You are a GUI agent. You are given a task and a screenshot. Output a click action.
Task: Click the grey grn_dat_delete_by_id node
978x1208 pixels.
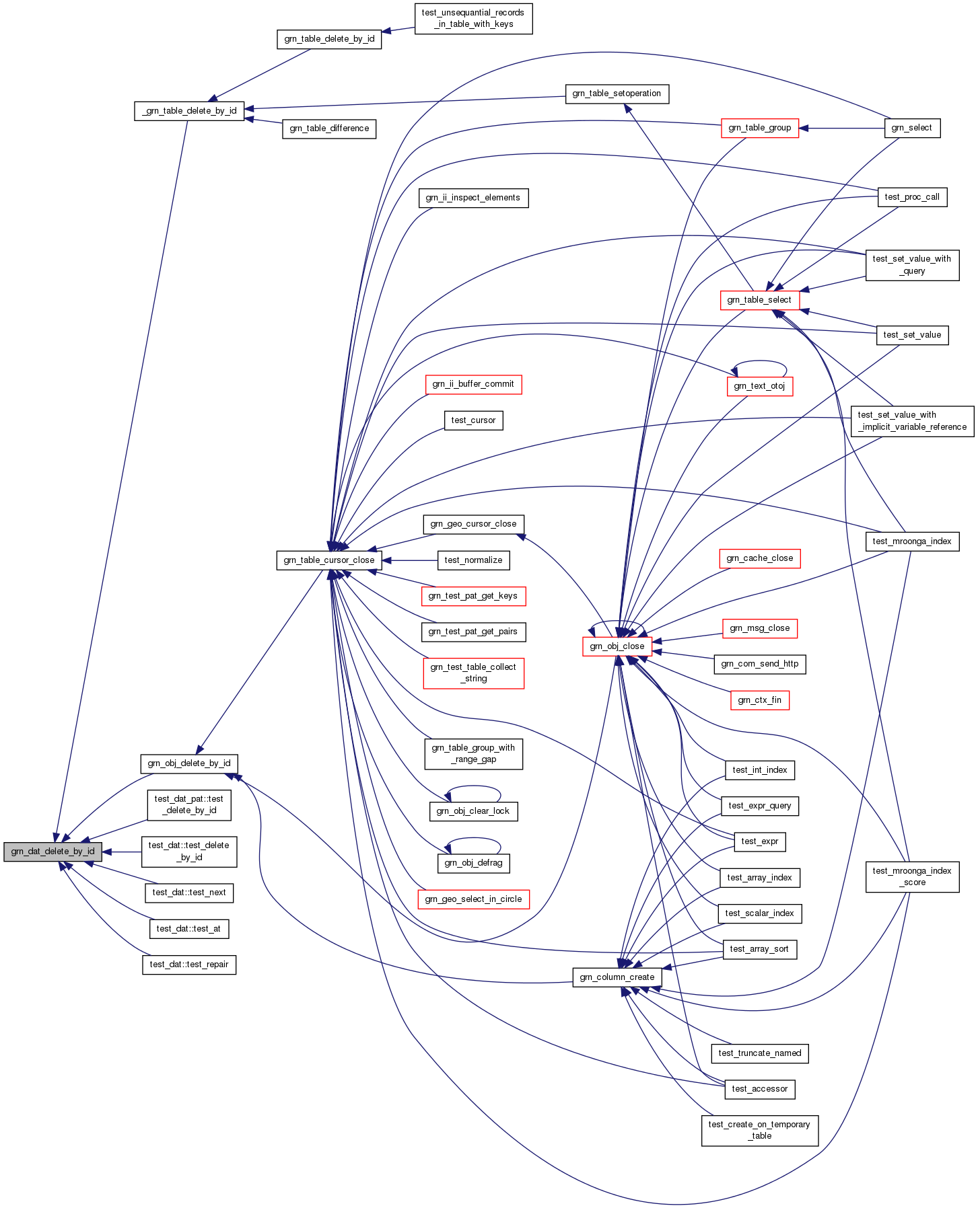pyautogui.click(x=53, y=852)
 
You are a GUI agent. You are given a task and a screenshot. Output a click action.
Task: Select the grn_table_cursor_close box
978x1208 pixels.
pyautogui.click(x=329, y=560)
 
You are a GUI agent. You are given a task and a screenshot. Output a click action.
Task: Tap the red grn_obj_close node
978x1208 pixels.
pyautogui.click(x=617, y=646)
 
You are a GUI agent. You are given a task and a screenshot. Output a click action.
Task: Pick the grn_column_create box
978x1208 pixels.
pyautogui.click(x=617, y=977)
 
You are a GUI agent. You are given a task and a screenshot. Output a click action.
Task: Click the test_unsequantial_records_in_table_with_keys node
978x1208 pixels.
pyautogui.click(x=473, y=19)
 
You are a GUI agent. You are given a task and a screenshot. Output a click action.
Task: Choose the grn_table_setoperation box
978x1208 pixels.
pyautogui.click(x=617, y=93)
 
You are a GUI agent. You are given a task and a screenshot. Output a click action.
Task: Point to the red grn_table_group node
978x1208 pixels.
pyautogui.click(x=759, y=128)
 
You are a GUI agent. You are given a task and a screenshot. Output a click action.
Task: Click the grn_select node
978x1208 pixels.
pyautogui.click(x=911, y=128)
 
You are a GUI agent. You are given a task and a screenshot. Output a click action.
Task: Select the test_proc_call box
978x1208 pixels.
pyautogui.click(x=912, y=197)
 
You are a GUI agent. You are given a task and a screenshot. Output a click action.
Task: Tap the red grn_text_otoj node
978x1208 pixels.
pyautogui.click(x=759, y=386)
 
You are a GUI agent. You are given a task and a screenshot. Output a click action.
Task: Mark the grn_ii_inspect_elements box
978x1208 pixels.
pyautogui.click(x=473, y=198)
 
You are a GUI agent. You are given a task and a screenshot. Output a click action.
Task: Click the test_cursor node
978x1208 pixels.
pyautogui.click(x=473, y=420)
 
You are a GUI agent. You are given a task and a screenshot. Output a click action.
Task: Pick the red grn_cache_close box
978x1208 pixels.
pyautogui.click(x=759, y=558)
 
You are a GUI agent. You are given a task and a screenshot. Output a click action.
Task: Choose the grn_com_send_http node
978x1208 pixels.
pyautogui.click(x=759, y=664)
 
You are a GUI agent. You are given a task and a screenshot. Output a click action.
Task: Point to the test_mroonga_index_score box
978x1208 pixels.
pyautogui.click(x=912, y=876)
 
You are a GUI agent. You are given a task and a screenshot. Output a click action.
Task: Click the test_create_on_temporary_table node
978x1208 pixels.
pyautogui.click(x=759, y=1130)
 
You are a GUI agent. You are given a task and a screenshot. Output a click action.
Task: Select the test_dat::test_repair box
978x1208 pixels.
pyautogui.click(x=189, y=965)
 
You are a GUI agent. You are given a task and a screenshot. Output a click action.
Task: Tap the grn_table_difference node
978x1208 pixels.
pyautogui.click(x=329, y=128)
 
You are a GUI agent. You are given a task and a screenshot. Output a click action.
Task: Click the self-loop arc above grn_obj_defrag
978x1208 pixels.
pyautogui.click(x=474, y=839)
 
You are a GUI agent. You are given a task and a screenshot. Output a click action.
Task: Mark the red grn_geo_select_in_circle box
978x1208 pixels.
pyautogui.click(x=473, y=899)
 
